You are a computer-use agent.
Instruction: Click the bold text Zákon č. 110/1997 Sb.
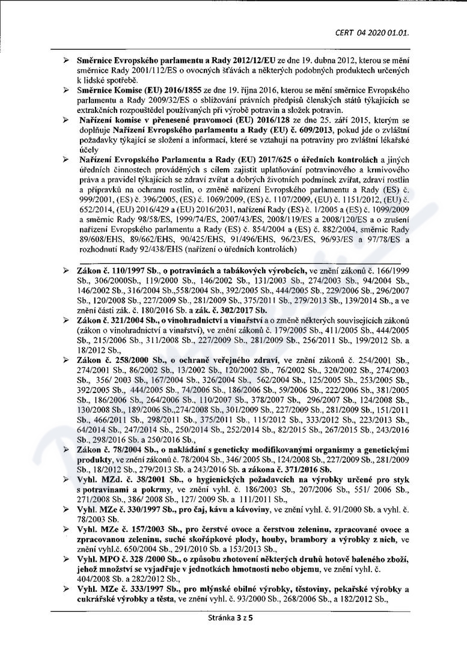(115, 272)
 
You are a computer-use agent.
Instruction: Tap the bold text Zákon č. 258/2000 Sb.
(115, 359)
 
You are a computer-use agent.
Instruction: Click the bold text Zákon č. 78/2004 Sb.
(113, 449)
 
